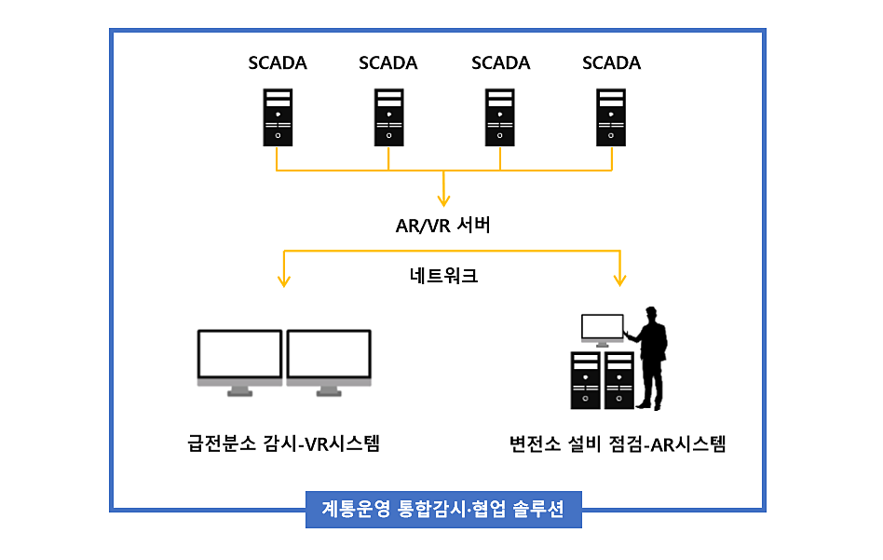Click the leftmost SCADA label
pyautogui.click(x=277, y=63)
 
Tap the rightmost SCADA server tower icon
pyautogui.click(x=612, y=116)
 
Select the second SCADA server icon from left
pyautogui.click(x=388, y=116)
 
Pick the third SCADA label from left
pyautogui.click(x=500, y=63)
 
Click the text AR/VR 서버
pyautogui.click(x=442, y=225)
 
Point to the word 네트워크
pyautogui.click(x=443, y=276)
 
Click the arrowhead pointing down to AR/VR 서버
pyautogui.click(x=443, y=199)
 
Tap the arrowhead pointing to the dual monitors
pyautogui.click(x=283, y=279)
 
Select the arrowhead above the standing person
pyautogui.click(x=619, y=279)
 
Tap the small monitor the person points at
pyautogui.click(x=602, y=328)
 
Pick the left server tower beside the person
pyautogui.click(x=586, y=379)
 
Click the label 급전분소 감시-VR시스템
pyautogui.click(x=283, y=444)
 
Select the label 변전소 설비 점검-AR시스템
pyautogui.click(x=617, y=444)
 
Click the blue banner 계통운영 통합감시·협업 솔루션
pyautogui.click(x=443, y=510)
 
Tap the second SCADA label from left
pyautogui.click(x=387, y=63)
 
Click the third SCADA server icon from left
pyautogui.click(x=500, y=116)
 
